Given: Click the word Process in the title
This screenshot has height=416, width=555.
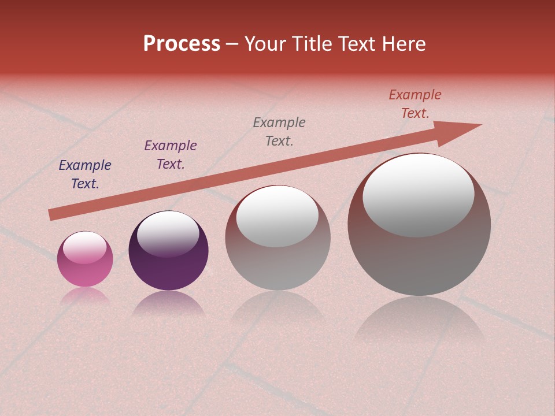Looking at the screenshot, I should [182, 44].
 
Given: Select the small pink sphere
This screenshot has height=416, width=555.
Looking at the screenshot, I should [85, 269].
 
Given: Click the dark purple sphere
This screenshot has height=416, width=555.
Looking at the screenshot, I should [168, 266].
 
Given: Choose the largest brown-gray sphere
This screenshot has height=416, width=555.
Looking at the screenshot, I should [419, 260].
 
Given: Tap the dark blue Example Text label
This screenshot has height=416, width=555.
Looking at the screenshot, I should [85, 174].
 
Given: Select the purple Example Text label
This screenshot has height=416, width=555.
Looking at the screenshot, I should [171, 155].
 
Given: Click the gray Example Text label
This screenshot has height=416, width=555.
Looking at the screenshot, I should [279, 132].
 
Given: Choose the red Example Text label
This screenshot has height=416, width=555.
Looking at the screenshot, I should [415, 104].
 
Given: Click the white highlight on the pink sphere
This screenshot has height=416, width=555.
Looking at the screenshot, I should [85, 247].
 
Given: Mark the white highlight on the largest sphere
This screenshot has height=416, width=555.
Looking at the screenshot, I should [418, 195].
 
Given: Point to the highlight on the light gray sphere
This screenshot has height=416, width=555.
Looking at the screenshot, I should [277, 216].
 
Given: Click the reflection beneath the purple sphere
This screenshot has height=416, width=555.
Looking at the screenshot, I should [168, 304].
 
